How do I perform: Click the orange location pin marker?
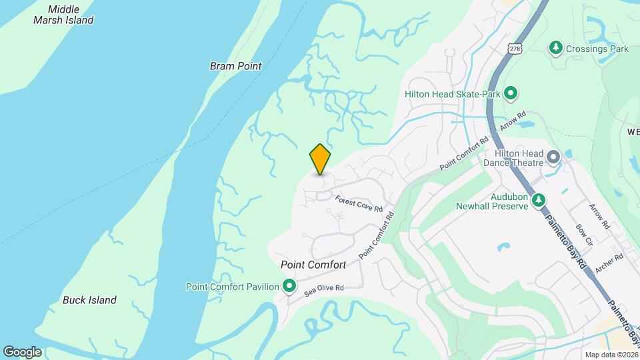321,159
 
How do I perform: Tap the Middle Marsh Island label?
63,15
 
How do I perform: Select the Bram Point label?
235,66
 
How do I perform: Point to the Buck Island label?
89,300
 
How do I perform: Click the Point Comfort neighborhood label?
313,265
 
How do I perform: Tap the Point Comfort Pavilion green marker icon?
289,287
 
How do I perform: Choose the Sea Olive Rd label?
324,288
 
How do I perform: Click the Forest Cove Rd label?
359,203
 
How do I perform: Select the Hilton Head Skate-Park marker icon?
511,94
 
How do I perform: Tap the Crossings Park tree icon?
555,48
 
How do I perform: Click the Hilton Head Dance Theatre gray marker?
553,158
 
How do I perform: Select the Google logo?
22,351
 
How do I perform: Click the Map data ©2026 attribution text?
611,355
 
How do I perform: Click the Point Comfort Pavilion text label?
232,287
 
